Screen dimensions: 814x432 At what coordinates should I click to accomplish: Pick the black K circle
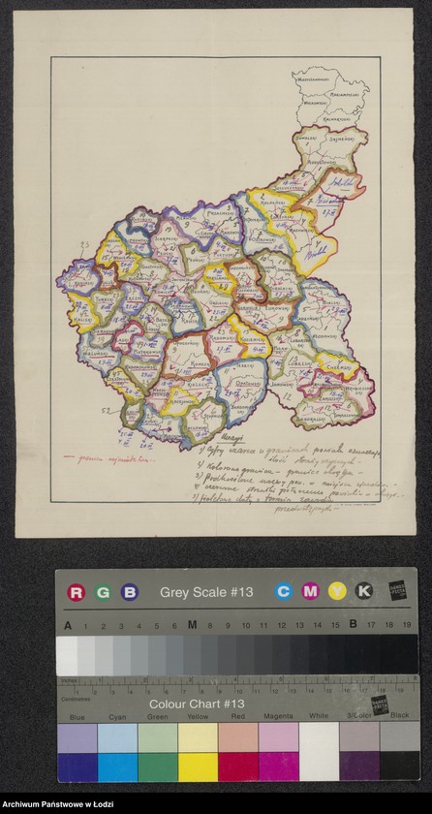point(363,590)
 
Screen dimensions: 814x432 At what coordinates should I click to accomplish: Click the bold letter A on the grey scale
point(67,625)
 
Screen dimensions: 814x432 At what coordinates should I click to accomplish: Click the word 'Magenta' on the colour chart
point(276,718)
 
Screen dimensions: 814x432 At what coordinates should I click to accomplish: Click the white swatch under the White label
point(317,738)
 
